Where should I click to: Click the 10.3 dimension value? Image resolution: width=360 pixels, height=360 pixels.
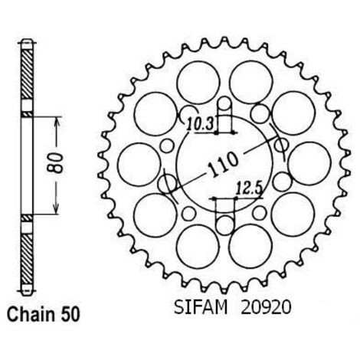pyautogui.click(x=201, y=124)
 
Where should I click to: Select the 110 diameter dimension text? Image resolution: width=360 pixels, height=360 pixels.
pyautogui.click(x=223, y=164)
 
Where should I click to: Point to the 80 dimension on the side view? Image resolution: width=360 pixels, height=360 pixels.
pyautogui.click(x=56, y=163)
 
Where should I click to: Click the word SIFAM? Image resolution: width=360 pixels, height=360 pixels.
pyautogui.click(x=201, y=307)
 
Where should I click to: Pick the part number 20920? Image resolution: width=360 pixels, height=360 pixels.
pyautogui.click(x=266, y=307)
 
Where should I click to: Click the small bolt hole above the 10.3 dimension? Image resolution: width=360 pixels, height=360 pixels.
pyautogui.click(x=224, y=103)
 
